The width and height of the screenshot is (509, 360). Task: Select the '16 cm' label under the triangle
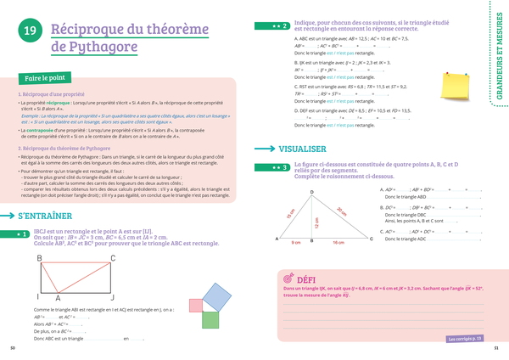pos(338,243)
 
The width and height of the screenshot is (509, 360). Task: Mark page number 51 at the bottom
pos(495,348)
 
